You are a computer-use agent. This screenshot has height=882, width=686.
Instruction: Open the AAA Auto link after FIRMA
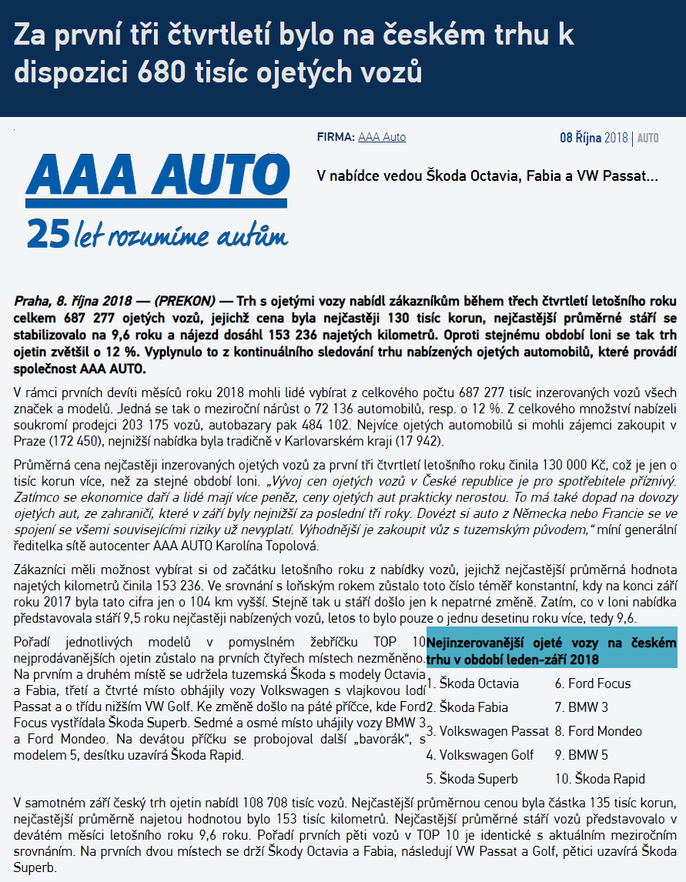[382, 137]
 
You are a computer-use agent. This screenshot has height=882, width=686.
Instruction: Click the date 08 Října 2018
[594, 138]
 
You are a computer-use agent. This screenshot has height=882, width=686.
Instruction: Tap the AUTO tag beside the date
[648, 139]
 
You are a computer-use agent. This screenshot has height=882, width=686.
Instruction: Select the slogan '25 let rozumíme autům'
[157, 234]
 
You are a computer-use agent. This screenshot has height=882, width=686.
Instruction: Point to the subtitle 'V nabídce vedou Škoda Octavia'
[487, 175]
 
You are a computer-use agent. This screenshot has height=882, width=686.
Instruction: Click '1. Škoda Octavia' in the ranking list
[473, 683]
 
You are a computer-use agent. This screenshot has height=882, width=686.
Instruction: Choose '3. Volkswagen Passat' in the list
[488, 731]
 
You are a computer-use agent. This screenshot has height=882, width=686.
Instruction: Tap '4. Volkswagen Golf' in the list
[480, 755]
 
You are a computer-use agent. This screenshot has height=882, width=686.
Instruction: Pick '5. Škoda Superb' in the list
[472, 779]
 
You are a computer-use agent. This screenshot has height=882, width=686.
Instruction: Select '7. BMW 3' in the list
[581, 707]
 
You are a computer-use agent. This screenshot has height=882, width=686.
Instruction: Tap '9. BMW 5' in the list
[581, 755]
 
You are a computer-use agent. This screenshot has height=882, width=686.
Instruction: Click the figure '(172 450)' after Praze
[77, 442]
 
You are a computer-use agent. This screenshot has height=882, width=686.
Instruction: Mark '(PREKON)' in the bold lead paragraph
[187, 300]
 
